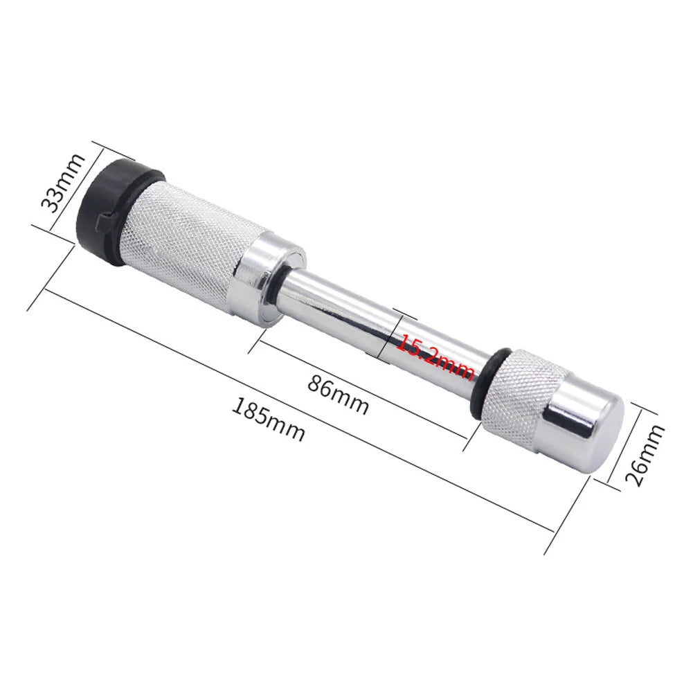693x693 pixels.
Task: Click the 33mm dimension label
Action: click(x=62, y=183)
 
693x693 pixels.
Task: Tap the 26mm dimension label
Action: click(x=645, y=456)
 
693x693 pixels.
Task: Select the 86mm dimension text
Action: click(x=338, y=394)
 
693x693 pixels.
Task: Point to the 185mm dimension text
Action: click(x=269, y=420)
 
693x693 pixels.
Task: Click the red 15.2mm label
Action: click(x=435, y=357)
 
